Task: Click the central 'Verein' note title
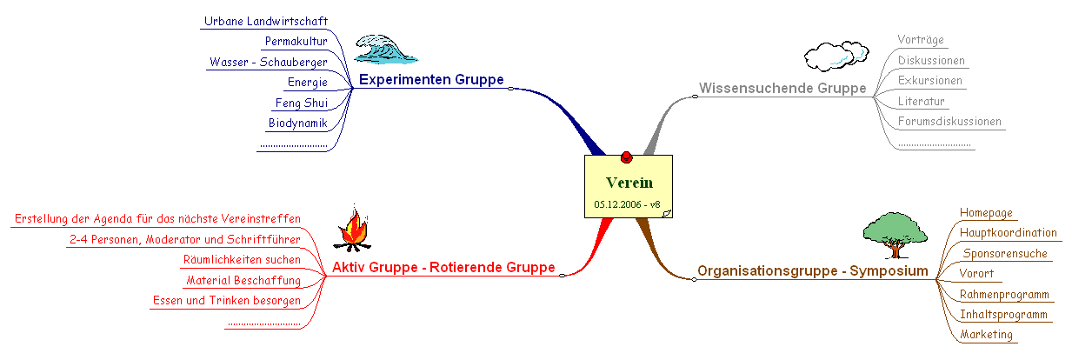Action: point(629,183)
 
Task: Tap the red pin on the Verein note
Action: point(626,157)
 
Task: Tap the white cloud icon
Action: point(836,56)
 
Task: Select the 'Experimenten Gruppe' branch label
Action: point(431,80)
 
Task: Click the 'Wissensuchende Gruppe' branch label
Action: point(782,89)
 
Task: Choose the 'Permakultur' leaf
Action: point(296,41)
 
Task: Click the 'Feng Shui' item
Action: point(301,103)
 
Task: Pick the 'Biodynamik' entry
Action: point(297,123)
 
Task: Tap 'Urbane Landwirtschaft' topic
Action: point(265,21)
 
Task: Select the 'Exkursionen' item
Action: point(930,81)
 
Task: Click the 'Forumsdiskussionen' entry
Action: point(949,122)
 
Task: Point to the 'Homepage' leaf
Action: point(987,212)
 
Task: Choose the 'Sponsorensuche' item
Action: point(1005,254)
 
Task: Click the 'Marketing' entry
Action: point(987,335)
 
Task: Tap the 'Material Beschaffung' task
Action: point(243,280)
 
